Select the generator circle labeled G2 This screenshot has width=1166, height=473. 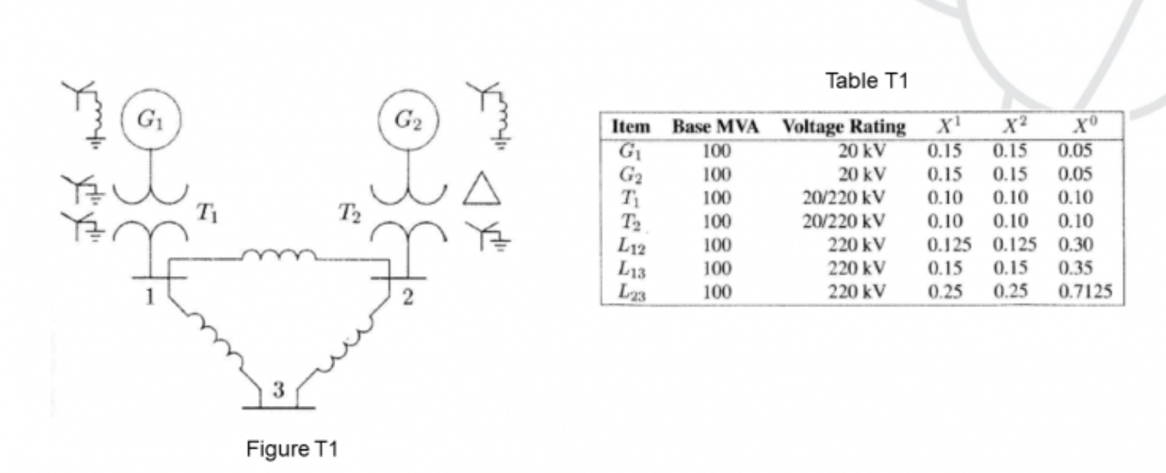pyautogui.click(x=407, y=120)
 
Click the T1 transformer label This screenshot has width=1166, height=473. pyautogui.click(x=208, y=215)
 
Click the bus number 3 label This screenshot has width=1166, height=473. pyautogui.click(x=278, y=391)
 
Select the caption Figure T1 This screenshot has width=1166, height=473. pyautogui.click(x=292, y=450)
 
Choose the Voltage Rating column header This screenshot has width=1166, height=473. pyautogui.click(x=843, y=127)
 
